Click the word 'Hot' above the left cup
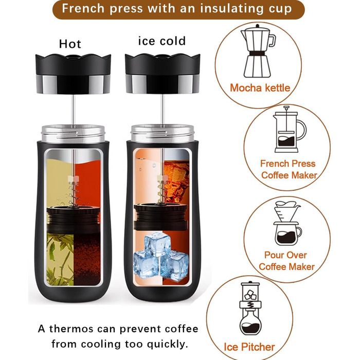tap(70, 44)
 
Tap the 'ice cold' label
tap(162, 41)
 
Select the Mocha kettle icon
tap(258, 51)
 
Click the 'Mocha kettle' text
tap(260, 88)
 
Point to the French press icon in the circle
tap(289, 130)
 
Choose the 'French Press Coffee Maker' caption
tap(289, 169)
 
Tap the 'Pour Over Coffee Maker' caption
tap(286, 261)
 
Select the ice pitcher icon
tap(250, 309)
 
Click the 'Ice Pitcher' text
tap(249, 347)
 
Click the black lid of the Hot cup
tap(73, 74)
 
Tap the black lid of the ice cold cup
tap(163, 74)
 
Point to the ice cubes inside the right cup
tap(160, 256)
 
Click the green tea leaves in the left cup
tap(60, 259)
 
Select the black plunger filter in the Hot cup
tap(74, 219)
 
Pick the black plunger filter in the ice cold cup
tap(160, 217)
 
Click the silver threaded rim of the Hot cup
tap(73, 134)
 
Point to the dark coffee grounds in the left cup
tap(87, 259)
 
